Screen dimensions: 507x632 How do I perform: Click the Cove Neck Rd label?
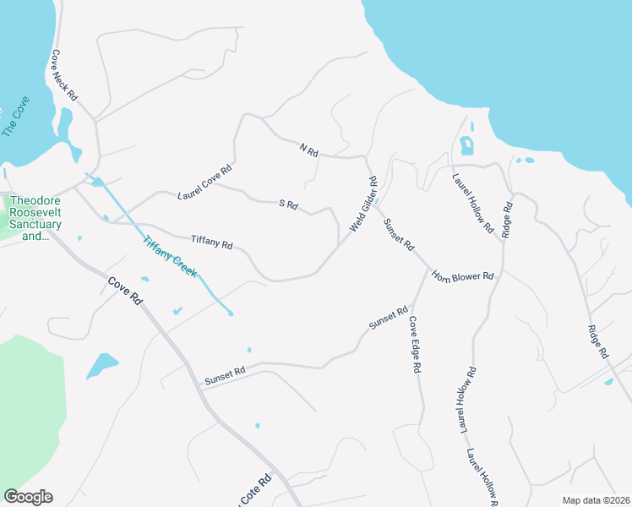pos(63,76)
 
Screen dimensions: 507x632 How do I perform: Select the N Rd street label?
pos(308,150)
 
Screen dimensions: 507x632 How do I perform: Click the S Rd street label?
pos(288,204)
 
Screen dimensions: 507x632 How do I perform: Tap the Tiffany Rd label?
pos(211,243)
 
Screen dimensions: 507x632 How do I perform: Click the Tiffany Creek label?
pos(170,256)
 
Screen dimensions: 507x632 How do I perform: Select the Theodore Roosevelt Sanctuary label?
pos(35,218)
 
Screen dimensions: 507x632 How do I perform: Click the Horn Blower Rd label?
pos(462,276)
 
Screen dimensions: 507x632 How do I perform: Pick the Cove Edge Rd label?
pos(415,346)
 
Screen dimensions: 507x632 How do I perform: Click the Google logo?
pos(28,497)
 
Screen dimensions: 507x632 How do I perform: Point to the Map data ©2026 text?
pos(596,500)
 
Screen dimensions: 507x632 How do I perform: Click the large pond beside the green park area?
pos(101,365)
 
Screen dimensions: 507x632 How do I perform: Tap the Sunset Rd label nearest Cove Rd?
pos(225,376)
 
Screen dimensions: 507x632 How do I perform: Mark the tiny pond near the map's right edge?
pos(609,382)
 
